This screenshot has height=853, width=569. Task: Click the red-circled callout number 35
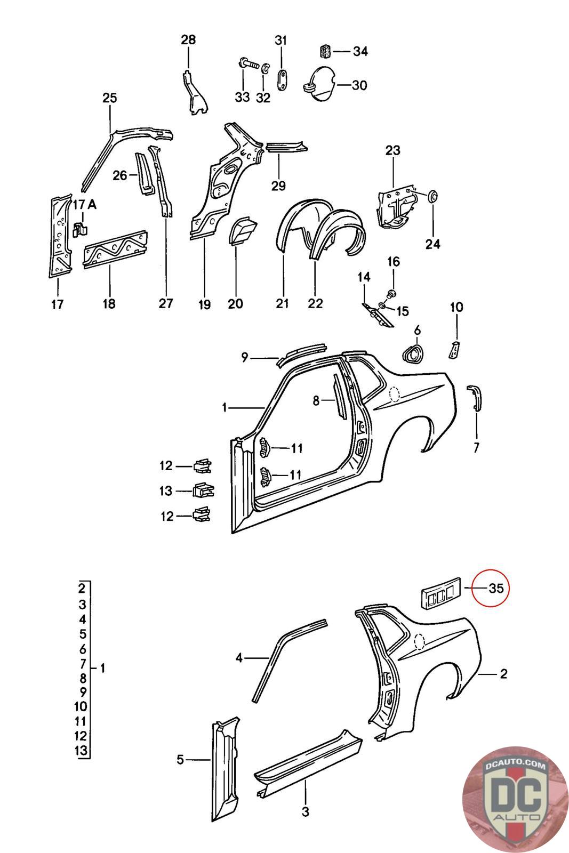(495, 589)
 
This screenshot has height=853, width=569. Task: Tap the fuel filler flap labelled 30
(319, 84)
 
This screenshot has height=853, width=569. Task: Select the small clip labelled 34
(325, 51)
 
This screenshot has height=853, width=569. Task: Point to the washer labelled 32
(265, 68)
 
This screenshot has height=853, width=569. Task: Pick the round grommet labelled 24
(433, 196)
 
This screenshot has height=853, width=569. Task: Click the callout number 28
(188, 39)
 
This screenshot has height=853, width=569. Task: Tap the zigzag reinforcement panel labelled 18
(115, 249)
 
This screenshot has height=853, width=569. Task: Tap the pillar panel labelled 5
(225, 768)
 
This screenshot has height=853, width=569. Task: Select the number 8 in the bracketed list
(83, 678)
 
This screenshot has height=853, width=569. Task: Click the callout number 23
(392, 151)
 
